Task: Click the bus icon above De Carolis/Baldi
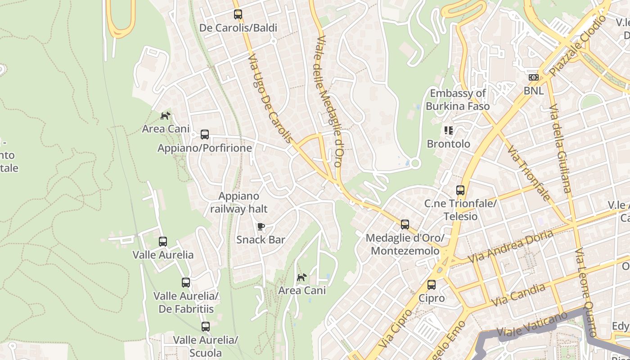[x=238, y=14]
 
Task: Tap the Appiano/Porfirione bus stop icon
[x=205, y=135]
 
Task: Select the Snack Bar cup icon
[x=261, y=226]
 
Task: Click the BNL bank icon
[x=534, y=77]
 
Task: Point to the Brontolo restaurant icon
[x=448, y=130]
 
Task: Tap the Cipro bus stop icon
[x=432, y=284]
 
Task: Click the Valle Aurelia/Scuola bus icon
[x=206, y=326]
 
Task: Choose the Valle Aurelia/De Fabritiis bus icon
[x=186, y=283]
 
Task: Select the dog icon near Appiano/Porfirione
[x=166, y=116]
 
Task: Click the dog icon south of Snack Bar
[x=301, y=277]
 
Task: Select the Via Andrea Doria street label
[x=510, y=247]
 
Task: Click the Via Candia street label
[x=518, y=295]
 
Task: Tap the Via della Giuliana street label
[x=560, y=148]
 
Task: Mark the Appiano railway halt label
[x=239, y=202]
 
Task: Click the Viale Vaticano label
[x=532, y=324]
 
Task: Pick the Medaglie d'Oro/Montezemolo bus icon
[x=405, y=225]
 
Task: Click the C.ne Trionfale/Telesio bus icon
[x=460, y=190]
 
